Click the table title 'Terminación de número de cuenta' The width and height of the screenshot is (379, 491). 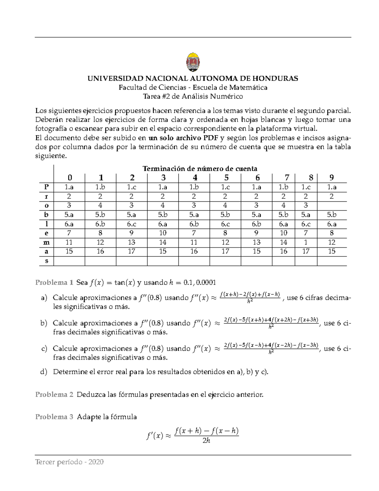point(200,169)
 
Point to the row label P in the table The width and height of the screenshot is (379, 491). point(46,187)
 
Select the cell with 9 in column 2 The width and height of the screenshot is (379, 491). point(131,233)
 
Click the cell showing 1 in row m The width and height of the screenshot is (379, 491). point(306,242)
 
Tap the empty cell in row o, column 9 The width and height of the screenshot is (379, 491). point(332,206)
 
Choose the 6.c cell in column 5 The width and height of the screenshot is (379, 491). point(225,224)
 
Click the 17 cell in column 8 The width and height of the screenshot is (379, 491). point(306,251)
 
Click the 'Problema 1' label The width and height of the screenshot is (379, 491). point(54,282)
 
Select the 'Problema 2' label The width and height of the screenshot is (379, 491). point(54,395)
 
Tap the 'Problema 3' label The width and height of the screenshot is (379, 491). point(54,417)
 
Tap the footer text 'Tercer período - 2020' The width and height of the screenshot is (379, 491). point(69,462)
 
